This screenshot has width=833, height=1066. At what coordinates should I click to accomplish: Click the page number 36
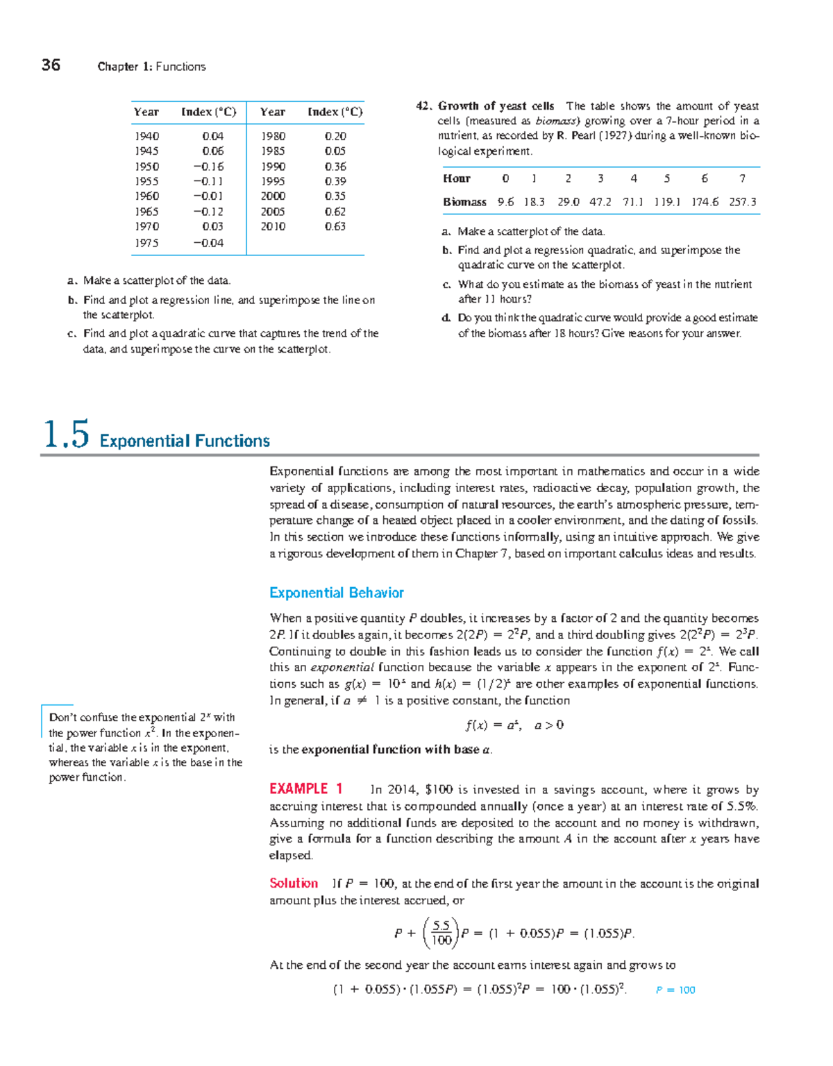pos(51,65)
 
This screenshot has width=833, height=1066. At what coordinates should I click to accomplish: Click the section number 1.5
pos(66,435)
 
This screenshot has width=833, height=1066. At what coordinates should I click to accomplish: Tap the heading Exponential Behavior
pos(337,593)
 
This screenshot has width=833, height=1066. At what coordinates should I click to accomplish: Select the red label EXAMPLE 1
pos(306,788)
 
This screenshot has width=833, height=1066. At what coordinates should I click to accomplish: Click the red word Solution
pos(294,883)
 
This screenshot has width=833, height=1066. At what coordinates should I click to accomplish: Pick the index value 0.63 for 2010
pos(335,226)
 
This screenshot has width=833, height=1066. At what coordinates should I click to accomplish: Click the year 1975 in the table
pos(146,243)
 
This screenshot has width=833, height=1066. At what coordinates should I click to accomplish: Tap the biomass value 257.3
pos(743,202)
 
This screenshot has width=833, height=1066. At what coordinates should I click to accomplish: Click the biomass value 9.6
pos(505,202)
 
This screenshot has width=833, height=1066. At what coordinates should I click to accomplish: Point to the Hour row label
pos(457,178)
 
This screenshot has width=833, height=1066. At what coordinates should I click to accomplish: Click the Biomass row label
pos(464,202)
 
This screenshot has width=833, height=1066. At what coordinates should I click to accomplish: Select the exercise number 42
pos(424,106)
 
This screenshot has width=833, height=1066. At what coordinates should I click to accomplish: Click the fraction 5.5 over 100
pos(441,933)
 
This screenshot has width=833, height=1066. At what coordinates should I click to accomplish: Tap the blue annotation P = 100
pos(675,990)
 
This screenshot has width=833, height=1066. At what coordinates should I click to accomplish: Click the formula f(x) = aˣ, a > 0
pos(514,725)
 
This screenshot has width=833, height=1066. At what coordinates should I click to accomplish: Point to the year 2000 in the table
pos(273,196)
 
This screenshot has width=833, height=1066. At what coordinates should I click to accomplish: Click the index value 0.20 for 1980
pos(335,137)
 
